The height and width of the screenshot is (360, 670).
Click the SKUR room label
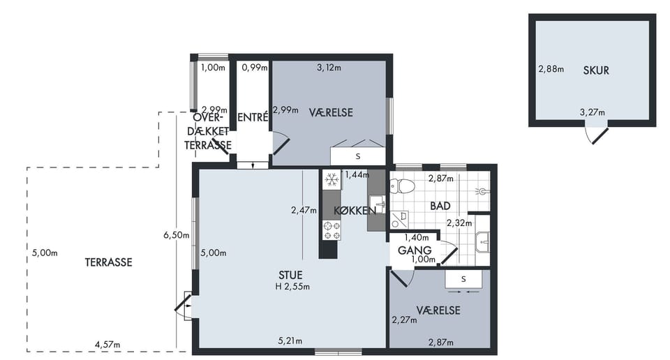click(x=595, y=70)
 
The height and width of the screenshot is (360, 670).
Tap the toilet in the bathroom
click(x=402, y=186)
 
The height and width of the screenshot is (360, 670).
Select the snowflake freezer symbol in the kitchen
click(x=332, y=180)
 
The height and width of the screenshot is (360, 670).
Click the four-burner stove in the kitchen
click(x=332, y=231)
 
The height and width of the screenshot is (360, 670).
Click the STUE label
click(x=290, y=275)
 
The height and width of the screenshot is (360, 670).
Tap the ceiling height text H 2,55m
click(x=292, y=287)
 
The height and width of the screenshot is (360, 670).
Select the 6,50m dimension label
click(x=176, y=235)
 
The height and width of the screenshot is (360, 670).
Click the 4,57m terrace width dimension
click(x=107, y=344)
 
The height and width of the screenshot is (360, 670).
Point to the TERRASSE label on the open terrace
click(x=109, y=262)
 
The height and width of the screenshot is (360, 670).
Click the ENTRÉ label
click(x=253, y=117)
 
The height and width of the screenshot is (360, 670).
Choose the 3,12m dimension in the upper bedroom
click(x=329, y=68)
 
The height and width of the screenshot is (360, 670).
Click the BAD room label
click(x=440, y=206)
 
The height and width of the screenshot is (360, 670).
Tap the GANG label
click(x=415, y=250)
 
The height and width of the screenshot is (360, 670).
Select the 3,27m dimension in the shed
click(x=593, y=112)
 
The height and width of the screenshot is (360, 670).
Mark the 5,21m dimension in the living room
click(x=290, y=340)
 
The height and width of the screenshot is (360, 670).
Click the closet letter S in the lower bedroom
click(x=463, y=279)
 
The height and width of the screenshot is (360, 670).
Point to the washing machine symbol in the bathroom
click(x=399, y=220)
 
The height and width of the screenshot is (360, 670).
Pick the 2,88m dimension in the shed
click(x=551, y=69)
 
